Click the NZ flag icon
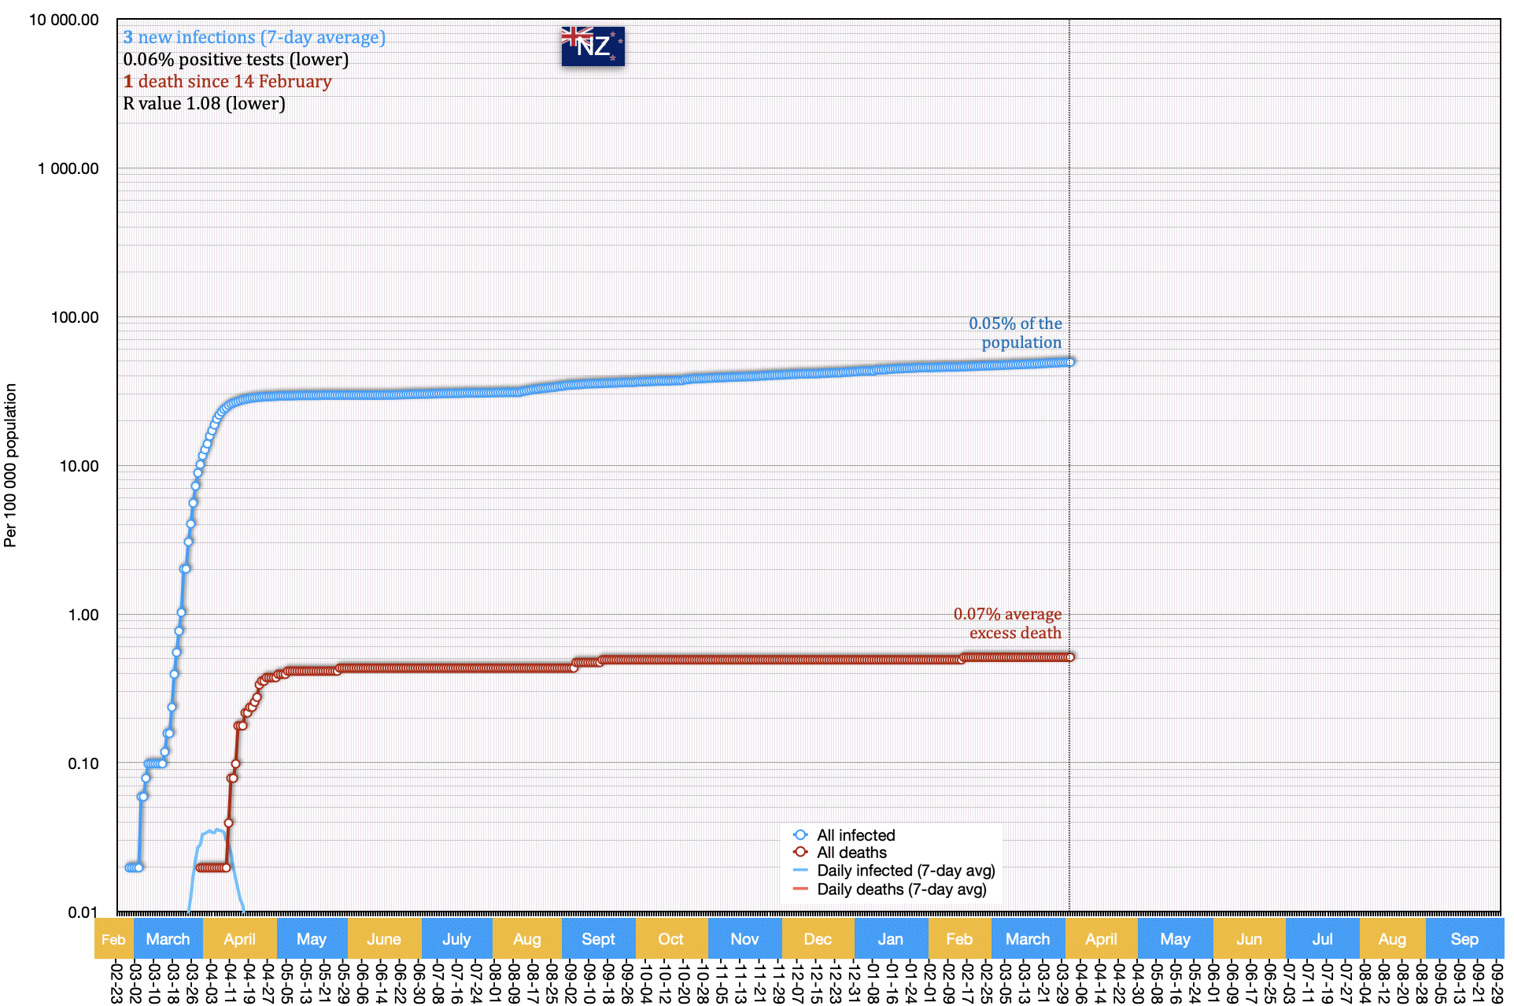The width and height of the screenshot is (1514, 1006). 593,46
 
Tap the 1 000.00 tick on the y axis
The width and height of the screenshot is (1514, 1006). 68,168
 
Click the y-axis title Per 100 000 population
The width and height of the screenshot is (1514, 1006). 10,464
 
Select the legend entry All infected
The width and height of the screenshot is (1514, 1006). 855,835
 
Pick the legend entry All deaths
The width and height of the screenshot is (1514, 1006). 851,853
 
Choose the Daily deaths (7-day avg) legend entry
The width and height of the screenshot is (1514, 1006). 901,889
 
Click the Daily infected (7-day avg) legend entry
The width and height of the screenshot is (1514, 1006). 906,871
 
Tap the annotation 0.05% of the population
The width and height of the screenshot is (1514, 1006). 1015,333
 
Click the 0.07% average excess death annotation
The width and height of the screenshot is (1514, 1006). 1008,623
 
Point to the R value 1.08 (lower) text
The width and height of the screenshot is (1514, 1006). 204,103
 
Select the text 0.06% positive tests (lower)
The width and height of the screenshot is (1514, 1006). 235,59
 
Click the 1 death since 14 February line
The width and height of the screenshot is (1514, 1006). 227,81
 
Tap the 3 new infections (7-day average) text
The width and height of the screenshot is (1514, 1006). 254,37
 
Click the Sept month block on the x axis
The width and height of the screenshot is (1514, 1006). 598,939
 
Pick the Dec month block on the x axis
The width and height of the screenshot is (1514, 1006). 818,939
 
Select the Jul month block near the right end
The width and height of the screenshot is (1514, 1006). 1322,939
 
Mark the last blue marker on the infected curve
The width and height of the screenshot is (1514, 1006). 1070,362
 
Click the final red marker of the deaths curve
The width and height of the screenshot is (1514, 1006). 1070,657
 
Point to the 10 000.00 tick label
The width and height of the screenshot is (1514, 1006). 64,20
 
